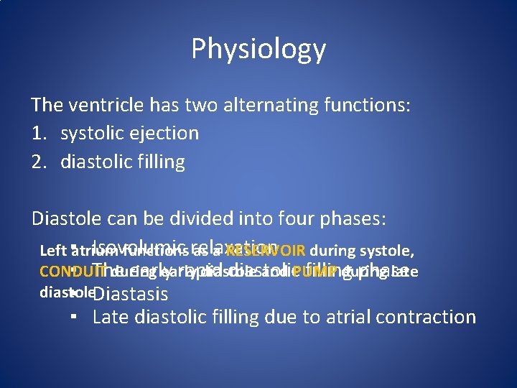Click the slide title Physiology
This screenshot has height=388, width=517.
click(258, 49)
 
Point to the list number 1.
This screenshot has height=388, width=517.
click(38, 134)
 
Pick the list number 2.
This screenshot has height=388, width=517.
click(39, 162)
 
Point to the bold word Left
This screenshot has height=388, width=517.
click(52, 251)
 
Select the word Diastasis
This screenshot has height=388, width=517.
click(131, 294)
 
